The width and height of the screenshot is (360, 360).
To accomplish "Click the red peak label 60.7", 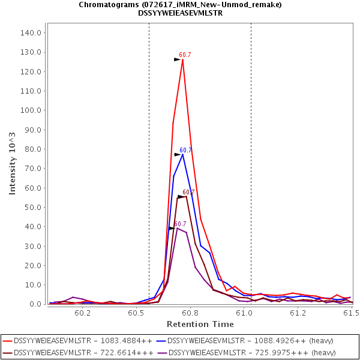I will (x=185, y=55).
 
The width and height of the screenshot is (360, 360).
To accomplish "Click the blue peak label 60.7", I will (x=185, y=151).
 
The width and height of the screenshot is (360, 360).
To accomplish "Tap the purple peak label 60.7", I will (x=180, y=224).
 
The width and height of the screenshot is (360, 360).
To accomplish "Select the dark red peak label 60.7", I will (x=188, y=193).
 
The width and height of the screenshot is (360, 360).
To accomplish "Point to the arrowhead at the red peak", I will (x=178, y=59).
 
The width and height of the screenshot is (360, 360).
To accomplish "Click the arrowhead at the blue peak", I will (x=178, y=155).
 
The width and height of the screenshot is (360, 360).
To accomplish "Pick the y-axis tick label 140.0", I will (x=30, y=33).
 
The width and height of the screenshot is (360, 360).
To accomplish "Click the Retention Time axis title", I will (x=200, y=324).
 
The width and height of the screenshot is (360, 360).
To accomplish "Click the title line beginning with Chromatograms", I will (x=180, y=5).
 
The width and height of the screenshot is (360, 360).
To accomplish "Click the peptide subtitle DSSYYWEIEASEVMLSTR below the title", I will (x=180, y=13).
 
